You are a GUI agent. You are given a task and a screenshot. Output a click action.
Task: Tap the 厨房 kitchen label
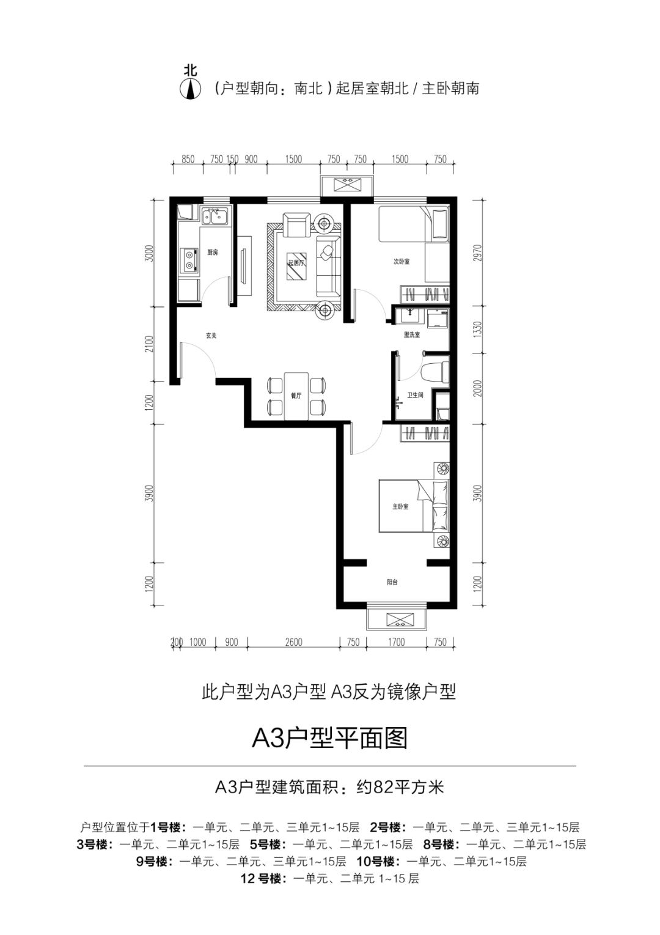click(212, 252)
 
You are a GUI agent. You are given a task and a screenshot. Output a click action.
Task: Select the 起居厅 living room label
click(296, 262)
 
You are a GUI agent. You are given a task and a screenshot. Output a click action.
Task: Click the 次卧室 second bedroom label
click(401, 261)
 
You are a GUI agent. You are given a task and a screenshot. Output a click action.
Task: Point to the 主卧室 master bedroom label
click(400, 507)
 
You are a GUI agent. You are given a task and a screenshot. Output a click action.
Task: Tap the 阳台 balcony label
click(392, 582)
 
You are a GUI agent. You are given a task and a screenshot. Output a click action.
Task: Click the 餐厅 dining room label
click(296, 396)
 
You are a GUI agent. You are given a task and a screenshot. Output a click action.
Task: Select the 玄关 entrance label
click(211, 335)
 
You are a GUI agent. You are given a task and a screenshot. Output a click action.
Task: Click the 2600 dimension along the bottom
click(293, 642)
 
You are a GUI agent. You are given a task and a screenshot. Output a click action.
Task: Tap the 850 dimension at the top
click(188, 160)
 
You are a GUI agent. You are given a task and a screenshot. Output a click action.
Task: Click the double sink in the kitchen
click(215, 216)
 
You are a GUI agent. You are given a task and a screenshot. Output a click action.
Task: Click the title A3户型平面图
click(329, 739)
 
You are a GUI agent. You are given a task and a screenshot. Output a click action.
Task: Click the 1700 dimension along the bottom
click(396, 642)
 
